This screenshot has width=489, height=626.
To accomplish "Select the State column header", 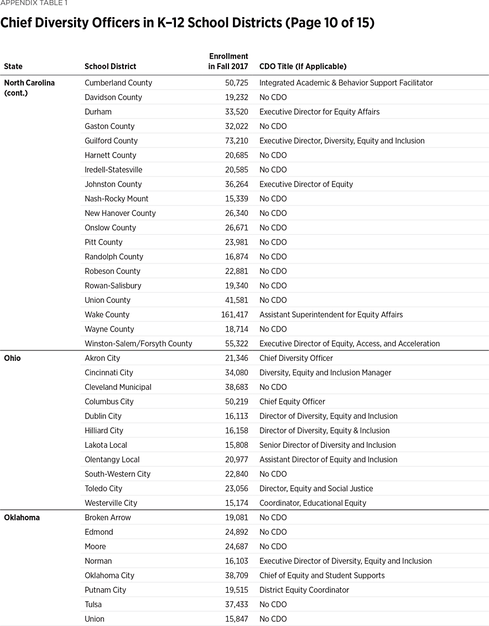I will [x=13, y=66].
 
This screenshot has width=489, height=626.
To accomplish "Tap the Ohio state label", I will [x=12, y=358].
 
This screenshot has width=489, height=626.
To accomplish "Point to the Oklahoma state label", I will [x=22, y=518].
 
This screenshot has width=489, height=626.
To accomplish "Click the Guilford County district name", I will [x=111, y=141].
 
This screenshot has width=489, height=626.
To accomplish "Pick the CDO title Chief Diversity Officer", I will [x=296, y=358].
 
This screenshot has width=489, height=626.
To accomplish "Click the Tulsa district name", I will [x=93, y=604].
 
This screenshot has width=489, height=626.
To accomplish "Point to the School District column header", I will [x=110, y=66].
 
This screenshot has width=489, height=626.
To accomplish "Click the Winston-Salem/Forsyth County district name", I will [x=138, y=344].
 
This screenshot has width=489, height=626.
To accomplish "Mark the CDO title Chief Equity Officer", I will [x=292, y=401].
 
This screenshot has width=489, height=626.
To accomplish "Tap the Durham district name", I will [x=98, y=112].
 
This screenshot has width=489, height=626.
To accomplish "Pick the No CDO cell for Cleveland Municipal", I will [x=273, y=387].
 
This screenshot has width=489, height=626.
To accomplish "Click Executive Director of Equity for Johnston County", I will [x=306, y=184].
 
